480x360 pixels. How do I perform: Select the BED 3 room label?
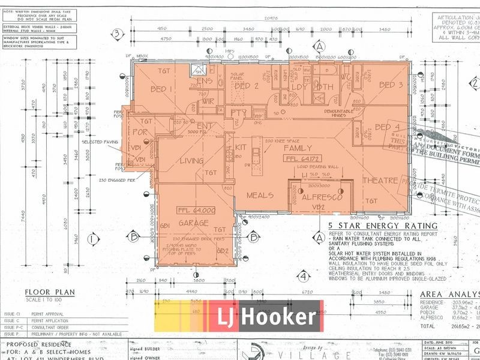tap(392, 85)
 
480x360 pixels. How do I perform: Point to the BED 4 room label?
tap(387, 127)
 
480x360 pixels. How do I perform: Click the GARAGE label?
tap(193, 223)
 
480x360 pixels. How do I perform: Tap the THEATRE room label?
tap(380, 180)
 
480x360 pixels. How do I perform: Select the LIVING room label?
tap(192, 160)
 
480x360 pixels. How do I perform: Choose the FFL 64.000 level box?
tap(196, 211)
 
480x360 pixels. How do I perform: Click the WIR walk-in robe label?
tap(208, 101)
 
